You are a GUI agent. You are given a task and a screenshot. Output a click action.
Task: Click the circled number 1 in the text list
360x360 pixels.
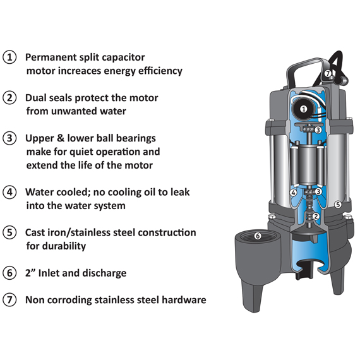pos(9,57)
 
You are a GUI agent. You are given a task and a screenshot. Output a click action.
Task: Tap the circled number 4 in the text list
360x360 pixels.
pos(9,192)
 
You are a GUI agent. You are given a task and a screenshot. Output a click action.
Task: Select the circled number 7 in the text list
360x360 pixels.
pos(9,299)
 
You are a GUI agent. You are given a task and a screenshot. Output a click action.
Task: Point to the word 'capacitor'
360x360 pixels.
pos(123,57)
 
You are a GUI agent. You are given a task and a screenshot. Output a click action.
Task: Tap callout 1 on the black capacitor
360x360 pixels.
pos(304,109)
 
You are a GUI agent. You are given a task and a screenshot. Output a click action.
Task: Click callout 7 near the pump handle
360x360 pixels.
pos(328,74)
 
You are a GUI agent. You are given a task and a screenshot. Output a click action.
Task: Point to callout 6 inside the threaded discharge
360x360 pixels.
pos(258,236)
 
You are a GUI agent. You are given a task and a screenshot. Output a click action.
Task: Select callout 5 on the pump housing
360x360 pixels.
pos(338,205)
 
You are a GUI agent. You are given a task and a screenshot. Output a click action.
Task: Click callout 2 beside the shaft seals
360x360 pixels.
pos(316,216)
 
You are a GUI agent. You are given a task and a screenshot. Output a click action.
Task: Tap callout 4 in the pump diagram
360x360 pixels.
pos(293,193)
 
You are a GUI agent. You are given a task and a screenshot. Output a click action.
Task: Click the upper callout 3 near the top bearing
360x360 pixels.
pos(318,130)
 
